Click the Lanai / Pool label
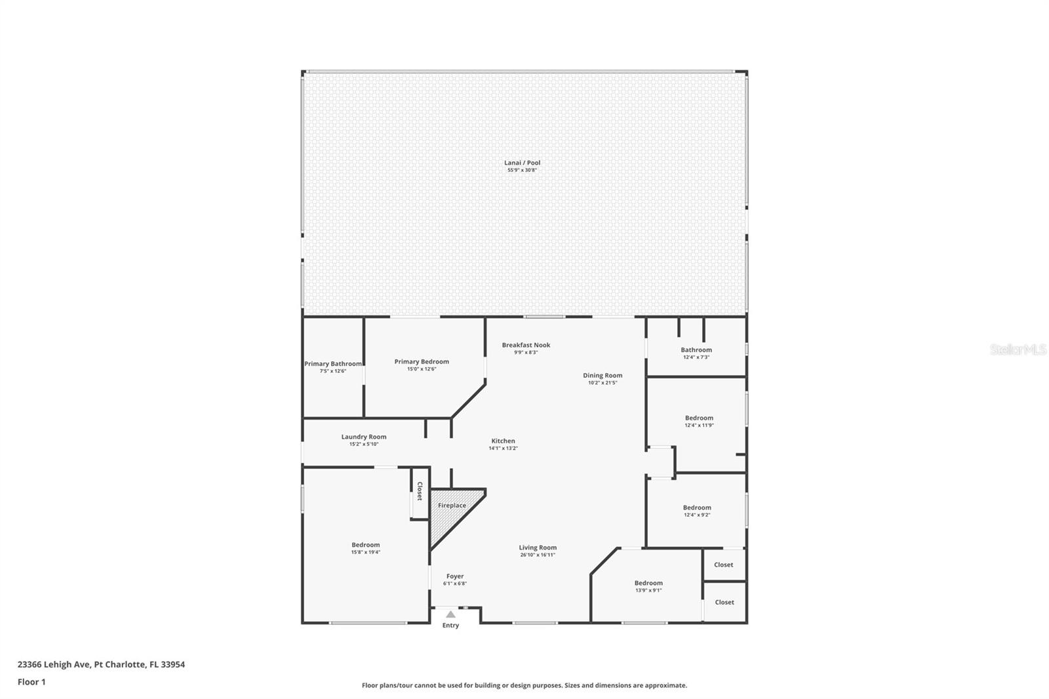[x=522, y=163]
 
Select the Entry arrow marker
[x=450, y=614]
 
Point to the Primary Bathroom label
[x=332, y=364]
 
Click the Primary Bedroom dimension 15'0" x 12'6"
[x=421, y=369]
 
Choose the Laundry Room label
[x=363, y=437]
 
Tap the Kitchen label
[x=503, y=441]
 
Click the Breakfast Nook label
[x=526, y=345]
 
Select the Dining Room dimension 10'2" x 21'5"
[x=603, y=383]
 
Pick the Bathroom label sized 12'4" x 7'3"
[x=696, y=349]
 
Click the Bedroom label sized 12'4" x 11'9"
[x=699, y=418]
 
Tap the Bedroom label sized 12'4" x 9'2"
[x=696, y=508]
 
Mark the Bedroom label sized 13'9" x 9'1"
[x=648, y=583]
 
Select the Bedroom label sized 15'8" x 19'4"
[x=365, y=545]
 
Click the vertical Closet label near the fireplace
[x=420, y=491]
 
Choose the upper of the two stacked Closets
[x=723, y=565]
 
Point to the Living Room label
[x=538, y=548]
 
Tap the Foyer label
[x=454, y=576]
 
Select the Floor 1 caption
[x=31, y=682]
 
